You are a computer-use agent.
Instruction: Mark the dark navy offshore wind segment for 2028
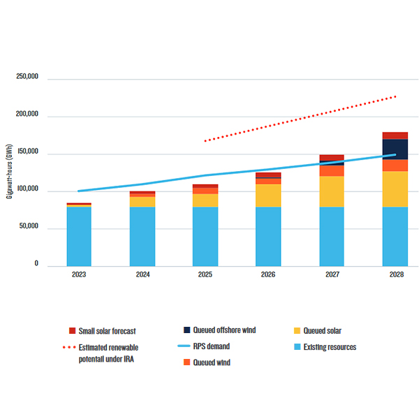coord(395,149)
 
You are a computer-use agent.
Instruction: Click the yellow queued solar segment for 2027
coord(332,191)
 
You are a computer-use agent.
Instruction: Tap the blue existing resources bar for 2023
coord(79,236)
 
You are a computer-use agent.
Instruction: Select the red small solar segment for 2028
coord(395,135)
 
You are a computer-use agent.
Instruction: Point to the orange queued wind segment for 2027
coord(332,170)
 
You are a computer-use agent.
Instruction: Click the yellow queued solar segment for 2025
coord(205,200)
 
